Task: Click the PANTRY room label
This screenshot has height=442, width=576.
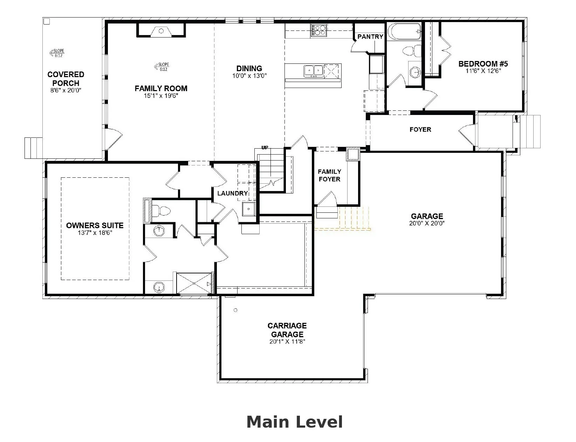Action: pos(370,36)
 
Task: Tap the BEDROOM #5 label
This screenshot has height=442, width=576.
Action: pos(483,64)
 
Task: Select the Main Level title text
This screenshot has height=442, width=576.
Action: pos(295,422)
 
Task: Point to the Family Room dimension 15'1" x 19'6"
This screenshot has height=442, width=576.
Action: pos(161,96)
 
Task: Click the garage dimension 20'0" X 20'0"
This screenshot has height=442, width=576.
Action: pos(427,223)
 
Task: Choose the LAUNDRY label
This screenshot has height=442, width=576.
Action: pos(233,193)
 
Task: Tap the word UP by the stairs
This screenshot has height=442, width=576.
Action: pos(265,148)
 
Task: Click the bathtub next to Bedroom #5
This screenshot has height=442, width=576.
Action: pos(404,31)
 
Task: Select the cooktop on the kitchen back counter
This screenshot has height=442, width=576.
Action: pos(319,30)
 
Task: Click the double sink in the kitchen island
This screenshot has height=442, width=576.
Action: pos(313,71)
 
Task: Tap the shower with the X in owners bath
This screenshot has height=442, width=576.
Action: pos(194,283)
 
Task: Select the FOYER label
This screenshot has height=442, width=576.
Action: pos(420,129)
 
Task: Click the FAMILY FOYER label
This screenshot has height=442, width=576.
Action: pos(329,175)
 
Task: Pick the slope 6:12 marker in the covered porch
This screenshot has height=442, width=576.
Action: pos(57,53)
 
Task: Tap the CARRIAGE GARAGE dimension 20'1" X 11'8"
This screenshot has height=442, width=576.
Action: pos(287,341)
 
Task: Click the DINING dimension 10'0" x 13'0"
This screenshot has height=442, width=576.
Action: pos(249,76)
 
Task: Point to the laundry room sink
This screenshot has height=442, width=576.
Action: pos(249,209)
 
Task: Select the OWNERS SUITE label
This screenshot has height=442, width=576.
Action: pos(95,225)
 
